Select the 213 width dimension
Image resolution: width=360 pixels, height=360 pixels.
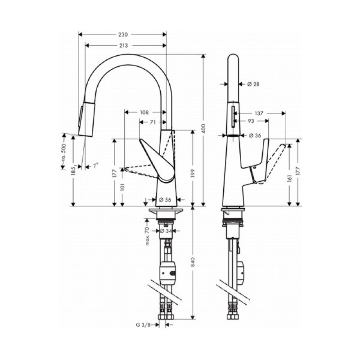click(123, 45)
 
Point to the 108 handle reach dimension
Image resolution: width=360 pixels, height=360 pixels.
click(144, 112)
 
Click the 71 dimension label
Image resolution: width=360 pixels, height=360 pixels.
click(153, 122)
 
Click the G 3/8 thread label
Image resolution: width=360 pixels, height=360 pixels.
click(143, 324)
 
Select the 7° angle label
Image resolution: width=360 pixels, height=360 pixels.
click(94, 166)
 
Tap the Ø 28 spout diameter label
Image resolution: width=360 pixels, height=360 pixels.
click(254, 84)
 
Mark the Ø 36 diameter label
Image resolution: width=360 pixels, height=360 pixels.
click(255, 135)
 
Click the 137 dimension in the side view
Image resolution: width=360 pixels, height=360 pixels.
click(258, 113)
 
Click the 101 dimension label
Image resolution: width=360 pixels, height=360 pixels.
click(121, 187)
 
